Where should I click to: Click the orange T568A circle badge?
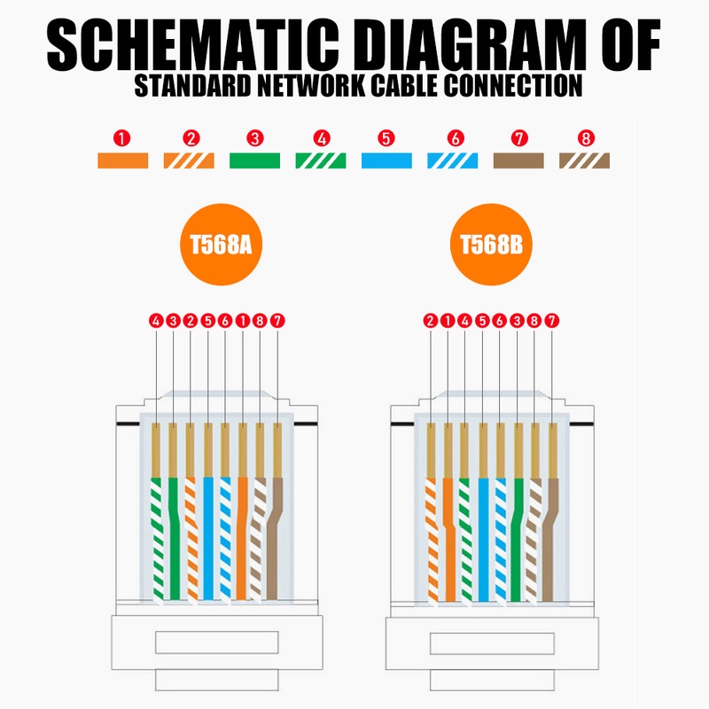point(221,245)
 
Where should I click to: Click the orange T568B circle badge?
point(491,245)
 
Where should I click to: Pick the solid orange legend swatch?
point(123,160)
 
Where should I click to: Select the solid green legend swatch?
point(254,160)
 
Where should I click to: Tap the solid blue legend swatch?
point(386,160)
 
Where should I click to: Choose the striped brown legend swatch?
point(584,160)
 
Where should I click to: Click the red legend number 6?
point(456,138)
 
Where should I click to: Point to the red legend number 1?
point(122,138)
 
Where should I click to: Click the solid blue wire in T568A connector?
point(208,538)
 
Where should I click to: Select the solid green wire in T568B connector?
point(517,539)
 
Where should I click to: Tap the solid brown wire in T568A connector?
point(274,538)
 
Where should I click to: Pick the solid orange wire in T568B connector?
point(449,539)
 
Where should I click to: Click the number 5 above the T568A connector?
point(208,321)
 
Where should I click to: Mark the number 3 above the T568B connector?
point(517,321)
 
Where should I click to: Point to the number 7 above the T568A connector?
point(277,321)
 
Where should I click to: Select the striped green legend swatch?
point(321,160)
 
